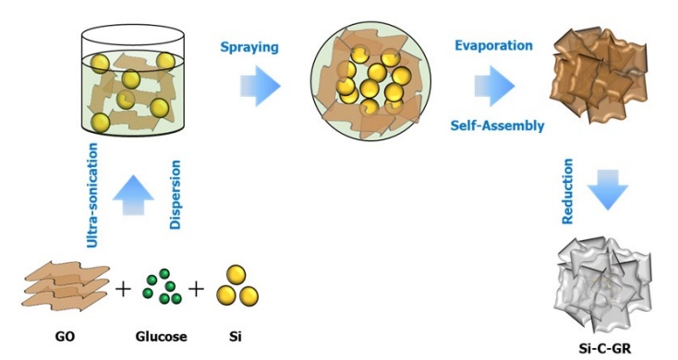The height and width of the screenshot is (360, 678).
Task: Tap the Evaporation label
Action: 493,45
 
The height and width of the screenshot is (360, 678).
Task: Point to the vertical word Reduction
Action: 570,192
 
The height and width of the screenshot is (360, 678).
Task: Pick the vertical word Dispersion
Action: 174,195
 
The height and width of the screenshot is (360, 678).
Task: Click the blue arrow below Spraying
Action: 259,86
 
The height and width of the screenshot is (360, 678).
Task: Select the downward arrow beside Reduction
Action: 607,192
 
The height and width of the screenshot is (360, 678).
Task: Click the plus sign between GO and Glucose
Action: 123,291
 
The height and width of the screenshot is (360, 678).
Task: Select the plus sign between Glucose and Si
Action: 196,291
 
